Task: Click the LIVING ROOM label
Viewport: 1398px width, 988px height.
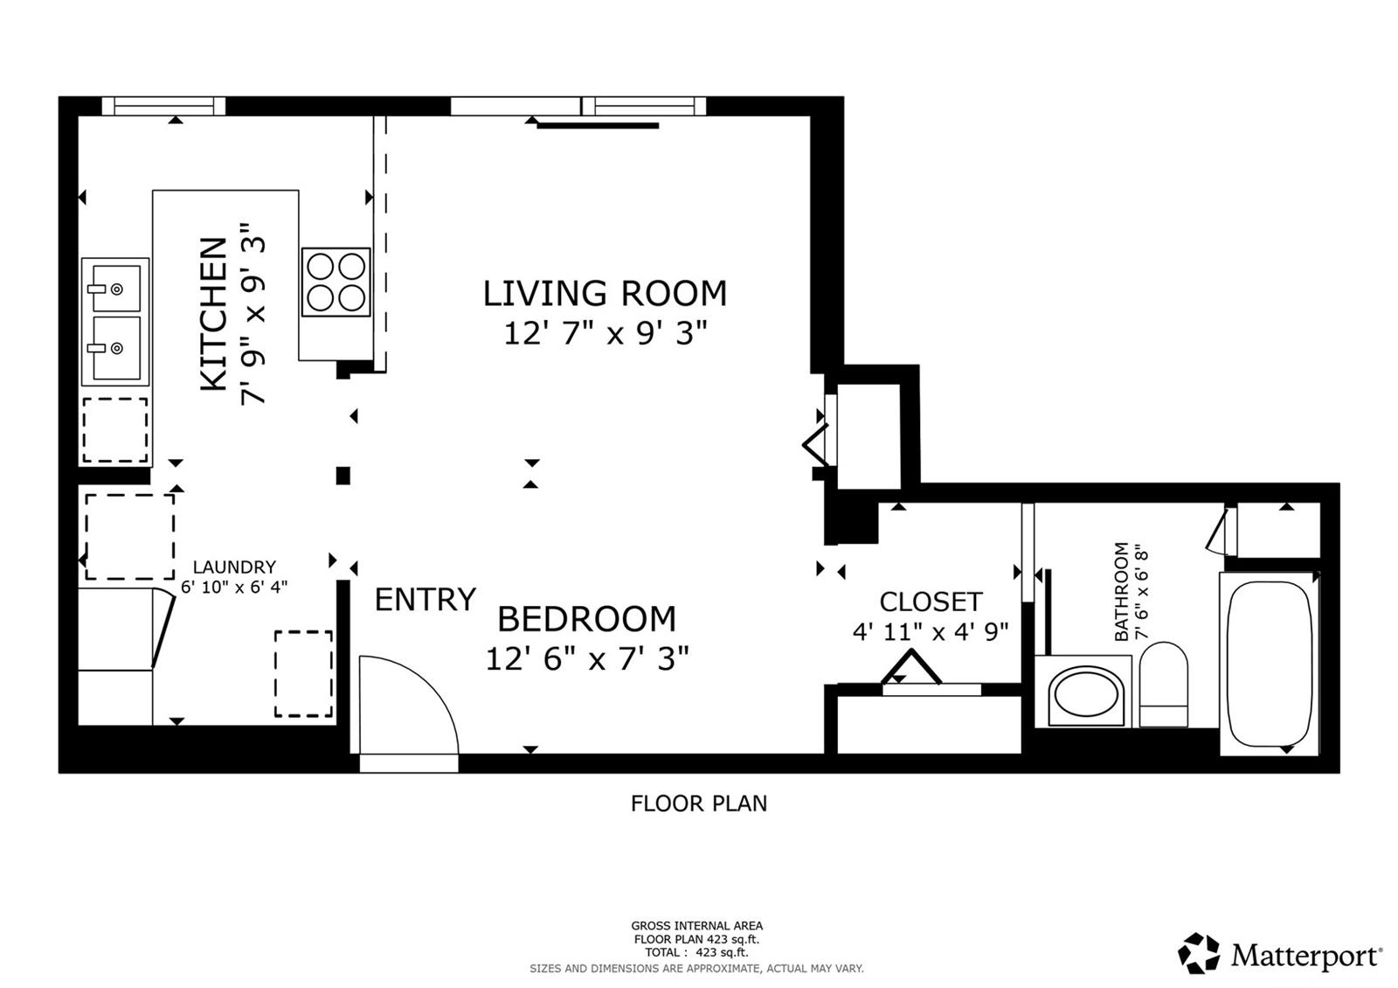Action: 605,294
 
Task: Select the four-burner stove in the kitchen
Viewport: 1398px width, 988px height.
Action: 336,282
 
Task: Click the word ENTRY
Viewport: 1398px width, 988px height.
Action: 426,600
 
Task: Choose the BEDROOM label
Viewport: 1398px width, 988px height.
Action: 586,619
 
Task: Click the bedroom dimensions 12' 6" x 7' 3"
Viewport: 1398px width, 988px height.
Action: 587,658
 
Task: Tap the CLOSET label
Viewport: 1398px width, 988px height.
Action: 931,602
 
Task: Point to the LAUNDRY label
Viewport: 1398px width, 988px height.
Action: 234,567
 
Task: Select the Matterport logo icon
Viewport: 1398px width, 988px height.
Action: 1199,954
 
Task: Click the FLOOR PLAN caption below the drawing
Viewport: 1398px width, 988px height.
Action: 699,804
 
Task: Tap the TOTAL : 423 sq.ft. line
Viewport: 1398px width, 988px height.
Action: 696,952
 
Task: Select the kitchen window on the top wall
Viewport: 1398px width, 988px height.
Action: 164,106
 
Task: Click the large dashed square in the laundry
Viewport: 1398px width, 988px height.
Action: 129,536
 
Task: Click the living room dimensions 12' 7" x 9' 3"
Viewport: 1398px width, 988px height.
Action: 605,333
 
